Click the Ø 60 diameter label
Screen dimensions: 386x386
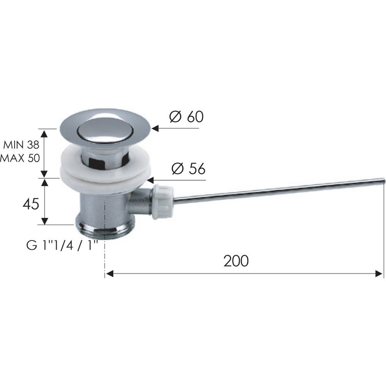(x=186, y=117)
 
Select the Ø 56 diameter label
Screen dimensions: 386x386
(x=189, y=169)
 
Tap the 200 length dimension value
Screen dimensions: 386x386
(x=236, y=261)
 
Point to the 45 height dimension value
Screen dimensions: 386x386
(x=31, y=204)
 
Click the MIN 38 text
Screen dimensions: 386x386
(x=21, y=145)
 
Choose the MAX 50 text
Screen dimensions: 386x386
(x=20, y=158)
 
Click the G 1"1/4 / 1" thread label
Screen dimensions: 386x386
(x=62, y=245)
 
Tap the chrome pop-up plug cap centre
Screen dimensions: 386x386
(x=105, y=129)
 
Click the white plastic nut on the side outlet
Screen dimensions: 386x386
(x=163, y=202)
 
